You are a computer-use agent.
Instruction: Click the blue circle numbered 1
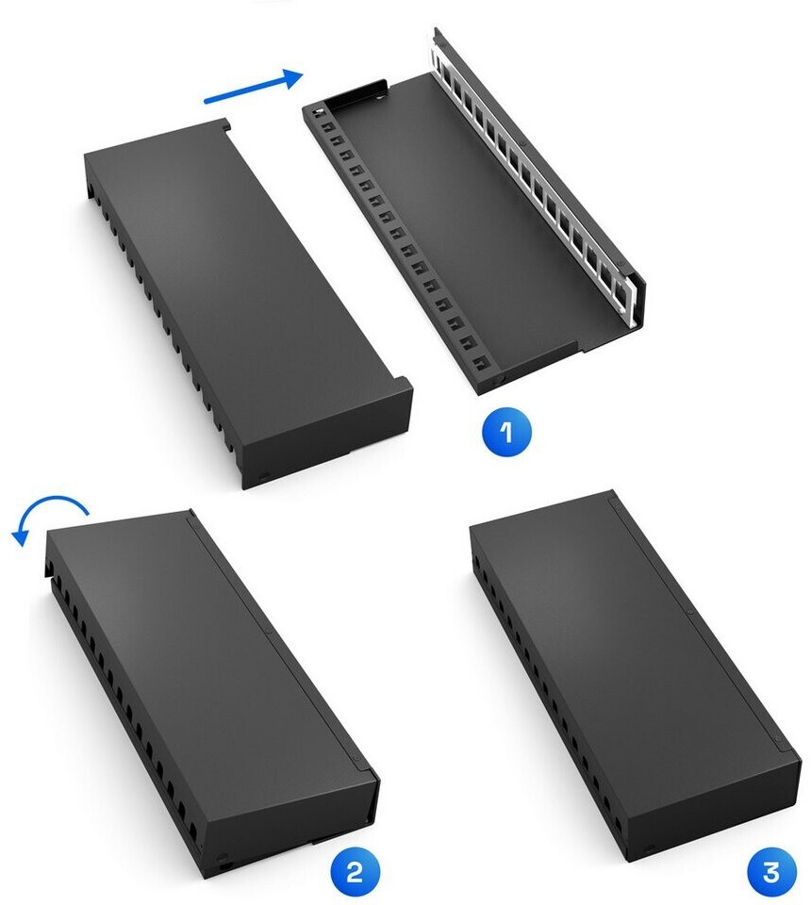[506, 434]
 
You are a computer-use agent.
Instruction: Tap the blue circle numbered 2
[355, 871]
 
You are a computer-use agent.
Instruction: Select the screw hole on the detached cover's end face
[264, 476]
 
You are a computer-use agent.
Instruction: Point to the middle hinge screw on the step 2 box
[270, 632]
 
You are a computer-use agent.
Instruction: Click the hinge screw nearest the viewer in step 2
[356, 758]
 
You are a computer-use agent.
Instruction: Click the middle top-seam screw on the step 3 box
[691, 612]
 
